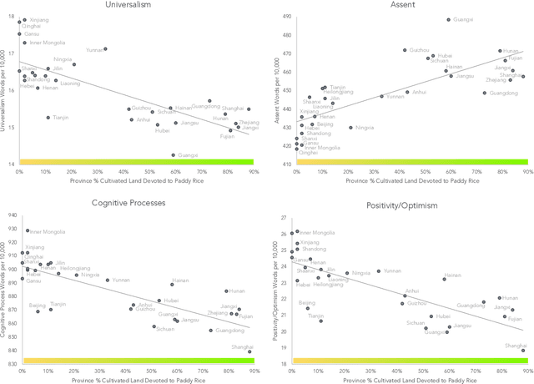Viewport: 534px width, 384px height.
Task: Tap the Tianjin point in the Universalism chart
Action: coord(48,118)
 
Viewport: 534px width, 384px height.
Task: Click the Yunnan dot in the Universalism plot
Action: coord(105,49)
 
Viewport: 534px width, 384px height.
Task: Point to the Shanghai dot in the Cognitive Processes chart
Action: coord(249,351)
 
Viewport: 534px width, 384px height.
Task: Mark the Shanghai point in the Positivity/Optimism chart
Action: coord(523,351)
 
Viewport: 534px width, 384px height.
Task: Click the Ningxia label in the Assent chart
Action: coord(365,128)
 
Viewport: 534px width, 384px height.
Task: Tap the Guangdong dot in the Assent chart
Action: coord(485,93)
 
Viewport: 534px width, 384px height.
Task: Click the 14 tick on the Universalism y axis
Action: coord(9,164)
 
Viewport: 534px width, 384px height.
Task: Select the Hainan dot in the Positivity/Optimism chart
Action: coord(444,280)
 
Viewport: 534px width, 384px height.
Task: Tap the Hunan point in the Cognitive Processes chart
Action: coord(226,291)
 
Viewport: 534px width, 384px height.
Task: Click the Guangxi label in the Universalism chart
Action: coord(188,155)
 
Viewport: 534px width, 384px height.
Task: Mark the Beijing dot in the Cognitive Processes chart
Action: coord(38,311)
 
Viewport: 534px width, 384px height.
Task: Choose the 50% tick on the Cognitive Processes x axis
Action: coord(151,370)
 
